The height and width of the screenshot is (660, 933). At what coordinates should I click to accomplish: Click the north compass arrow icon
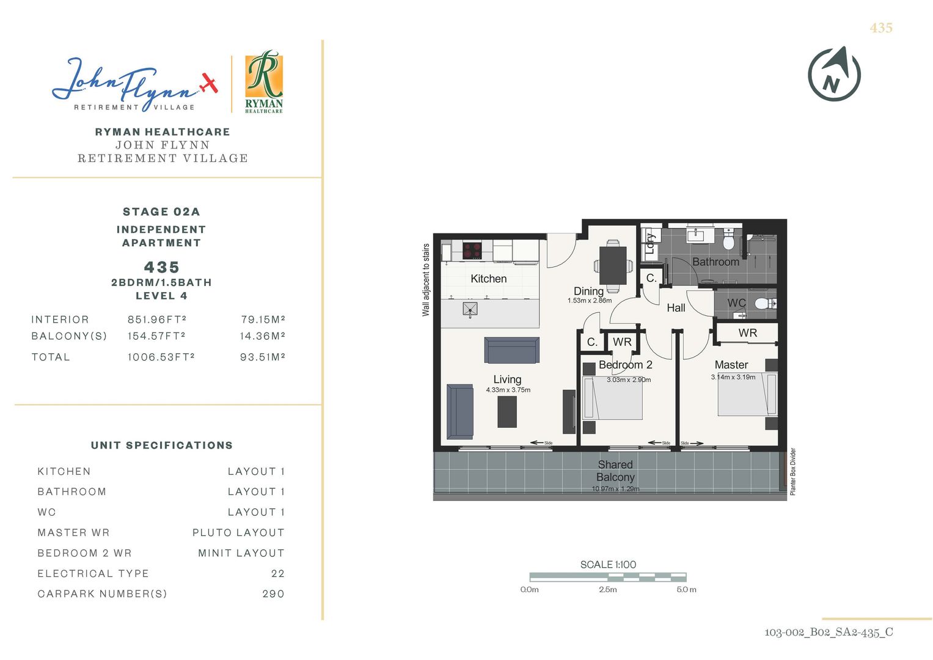pos(834,74)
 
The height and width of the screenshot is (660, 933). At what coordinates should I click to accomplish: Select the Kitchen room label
pos(488,279)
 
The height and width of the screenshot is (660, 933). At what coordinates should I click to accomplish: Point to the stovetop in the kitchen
pos(472,250)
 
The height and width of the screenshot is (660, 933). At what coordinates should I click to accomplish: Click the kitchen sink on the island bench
pos(469,309)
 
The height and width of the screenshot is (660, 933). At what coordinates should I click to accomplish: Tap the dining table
pos(613,266)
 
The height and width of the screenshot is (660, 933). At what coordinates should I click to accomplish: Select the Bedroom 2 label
pos(625,365)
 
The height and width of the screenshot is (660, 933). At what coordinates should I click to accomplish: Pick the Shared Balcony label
pos(615,471)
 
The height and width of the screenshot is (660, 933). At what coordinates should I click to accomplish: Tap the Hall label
pos(676,307)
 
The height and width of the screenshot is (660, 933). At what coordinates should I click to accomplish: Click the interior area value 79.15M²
pos(263,320)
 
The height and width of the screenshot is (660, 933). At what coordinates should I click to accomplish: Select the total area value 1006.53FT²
pos(161,357)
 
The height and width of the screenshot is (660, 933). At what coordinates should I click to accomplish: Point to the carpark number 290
pos(273,594)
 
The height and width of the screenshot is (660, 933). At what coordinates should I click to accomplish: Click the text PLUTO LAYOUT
pos(238,533)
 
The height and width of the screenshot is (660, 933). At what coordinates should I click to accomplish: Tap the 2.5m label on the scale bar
pos(608,590)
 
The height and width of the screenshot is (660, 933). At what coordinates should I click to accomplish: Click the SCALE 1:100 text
pos(608,565)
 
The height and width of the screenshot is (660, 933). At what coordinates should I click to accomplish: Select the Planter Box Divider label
pos(793,471)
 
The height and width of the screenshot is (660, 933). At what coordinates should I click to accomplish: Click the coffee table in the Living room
pos(507,412)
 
